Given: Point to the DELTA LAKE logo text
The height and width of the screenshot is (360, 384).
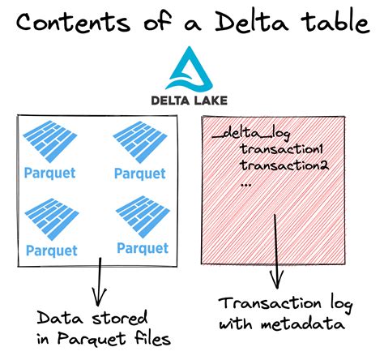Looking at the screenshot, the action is point(189,101).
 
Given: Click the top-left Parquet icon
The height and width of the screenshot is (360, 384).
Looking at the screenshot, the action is point(50,141).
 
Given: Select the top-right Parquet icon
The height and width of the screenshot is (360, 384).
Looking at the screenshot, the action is point(140,142).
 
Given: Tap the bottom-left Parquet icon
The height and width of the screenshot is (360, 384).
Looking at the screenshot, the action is point(52,219).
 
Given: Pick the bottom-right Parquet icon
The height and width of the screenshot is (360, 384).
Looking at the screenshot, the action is point(143,217).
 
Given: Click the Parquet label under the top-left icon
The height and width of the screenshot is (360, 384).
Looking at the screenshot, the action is point(50,174).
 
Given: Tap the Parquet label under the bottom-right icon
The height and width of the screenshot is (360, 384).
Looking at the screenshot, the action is point(143,249).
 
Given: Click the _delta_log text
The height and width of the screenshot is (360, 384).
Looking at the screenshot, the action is point(251,133).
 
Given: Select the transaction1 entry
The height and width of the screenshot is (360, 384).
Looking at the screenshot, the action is point(281,148).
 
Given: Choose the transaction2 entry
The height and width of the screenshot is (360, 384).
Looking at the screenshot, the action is point(284,165).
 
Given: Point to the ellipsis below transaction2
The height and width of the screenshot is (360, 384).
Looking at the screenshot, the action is point(245,185).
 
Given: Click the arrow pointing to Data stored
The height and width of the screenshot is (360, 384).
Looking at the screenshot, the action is point(100,281).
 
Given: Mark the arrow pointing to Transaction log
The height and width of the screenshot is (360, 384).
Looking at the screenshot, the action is point(276,251).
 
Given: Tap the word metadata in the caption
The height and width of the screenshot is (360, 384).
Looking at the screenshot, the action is point(303,324).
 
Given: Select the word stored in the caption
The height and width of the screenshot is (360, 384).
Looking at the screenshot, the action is point(120,317).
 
